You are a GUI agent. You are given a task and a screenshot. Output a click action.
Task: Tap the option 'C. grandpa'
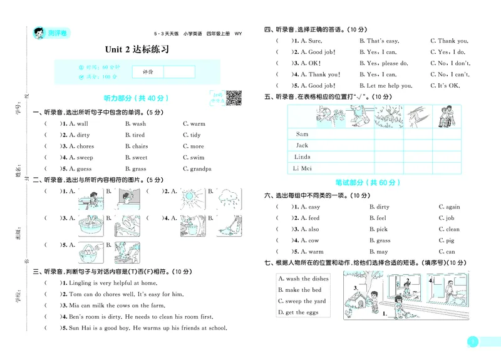[x=197, y=169]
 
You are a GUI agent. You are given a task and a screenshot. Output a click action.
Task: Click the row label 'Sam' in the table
[x=302, y=134]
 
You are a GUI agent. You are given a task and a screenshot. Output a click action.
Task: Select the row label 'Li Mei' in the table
[x=303, y=168]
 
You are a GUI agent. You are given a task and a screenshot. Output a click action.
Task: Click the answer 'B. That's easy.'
[x=379, y=41]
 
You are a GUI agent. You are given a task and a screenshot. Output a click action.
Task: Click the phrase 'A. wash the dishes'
[x=303, y=279]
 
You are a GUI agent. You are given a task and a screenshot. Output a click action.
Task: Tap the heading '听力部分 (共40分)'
[x=136, y=98]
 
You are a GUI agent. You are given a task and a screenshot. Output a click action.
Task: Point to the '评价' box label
[x=147, y=72]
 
